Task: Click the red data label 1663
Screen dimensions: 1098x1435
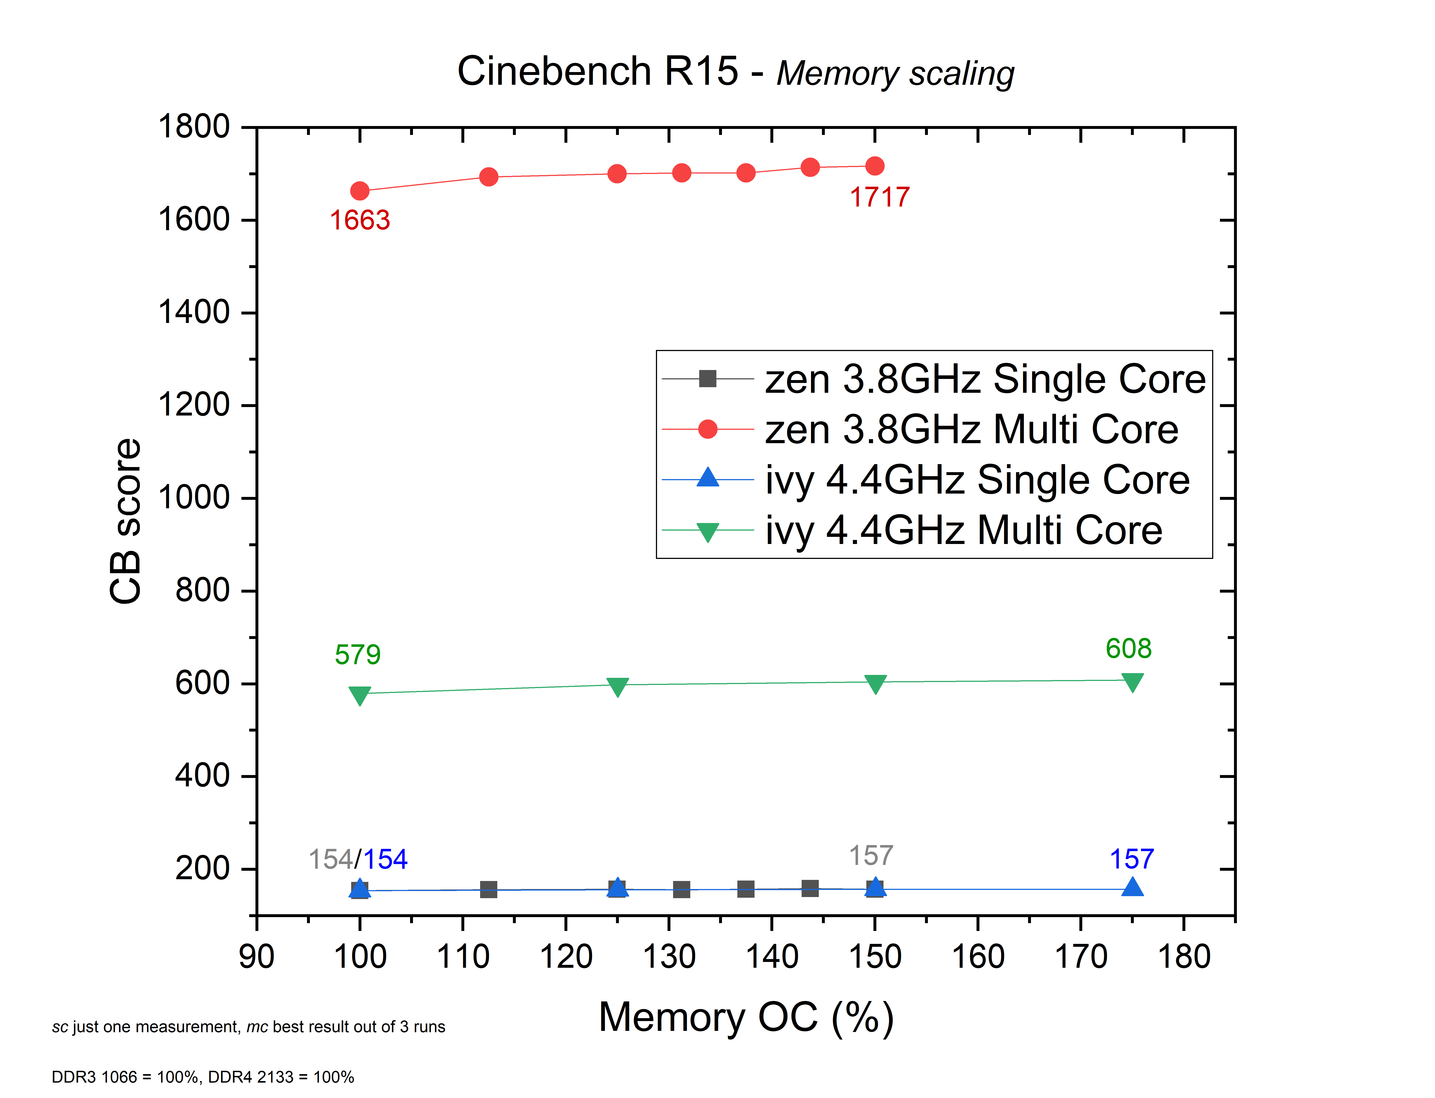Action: pos(360,220)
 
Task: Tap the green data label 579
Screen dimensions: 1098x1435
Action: pos(358,654)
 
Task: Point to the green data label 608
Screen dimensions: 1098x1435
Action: pos(1128,648)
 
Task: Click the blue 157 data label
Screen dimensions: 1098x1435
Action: pos(1132,859)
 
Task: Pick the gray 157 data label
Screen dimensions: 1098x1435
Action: pos(871,856)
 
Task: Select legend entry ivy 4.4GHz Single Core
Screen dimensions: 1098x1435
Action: pos(977,480)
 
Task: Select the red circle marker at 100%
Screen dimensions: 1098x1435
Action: pos(360,191)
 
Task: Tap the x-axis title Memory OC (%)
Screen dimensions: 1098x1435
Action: pos(746,1018)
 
